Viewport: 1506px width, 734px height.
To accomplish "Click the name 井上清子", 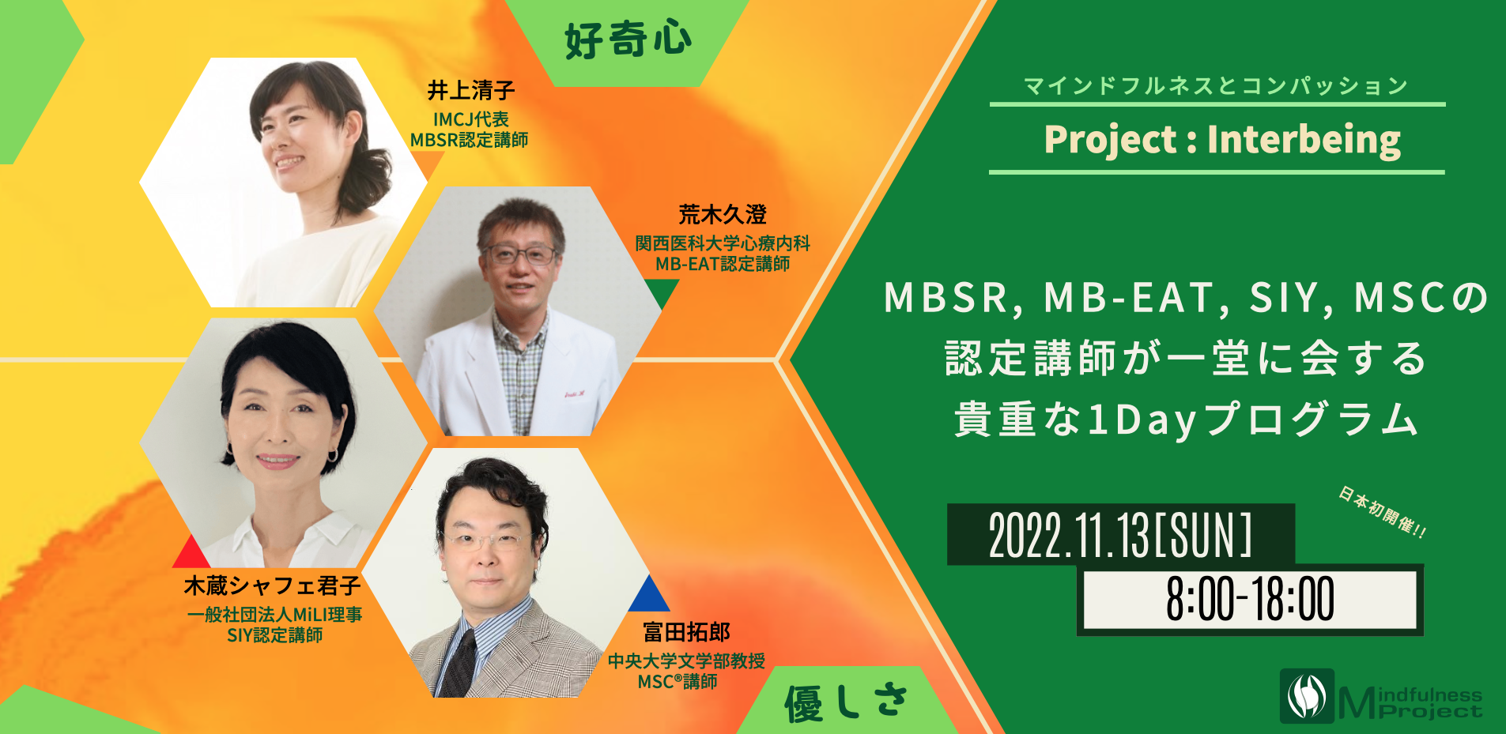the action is [471, 91].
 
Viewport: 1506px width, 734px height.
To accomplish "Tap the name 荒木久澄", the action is [723, 214].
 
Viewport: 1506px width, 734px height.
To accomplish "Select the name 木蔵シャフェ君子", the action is [272, 585].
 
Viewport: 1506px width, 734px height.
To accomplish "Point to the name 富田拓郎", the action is [686, 632].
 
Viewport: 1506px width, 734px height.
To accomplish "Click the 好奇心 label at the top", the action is [628, 40].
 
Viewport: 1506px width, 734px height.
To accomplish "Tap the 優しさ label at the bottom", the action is [845, 702].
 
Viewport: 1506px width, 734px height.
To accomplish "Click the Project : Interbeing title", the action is [1222, 140].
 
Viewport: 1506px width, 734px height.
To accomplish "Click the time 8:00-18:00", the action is [1250, 599].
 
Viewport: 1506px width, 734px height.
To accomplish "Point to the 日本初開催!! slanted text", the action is [1383, 512].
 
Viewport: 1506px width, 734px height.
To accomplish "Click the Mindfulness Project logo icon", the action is [1307, 696].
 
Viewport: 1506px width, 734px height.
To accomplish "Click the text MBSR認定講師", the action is [469, 140].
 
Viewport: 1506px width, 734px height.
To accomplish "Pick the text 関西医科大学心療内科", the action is [723, 243].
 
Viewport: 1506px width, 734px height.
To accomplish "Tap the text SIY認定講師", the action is [274, 635].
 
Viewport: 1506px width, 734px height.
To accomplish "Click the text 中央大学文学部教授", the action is [686, 661].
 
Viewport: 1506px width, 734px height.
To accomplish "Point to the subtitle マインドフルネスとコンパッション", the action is [1216, 85].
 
